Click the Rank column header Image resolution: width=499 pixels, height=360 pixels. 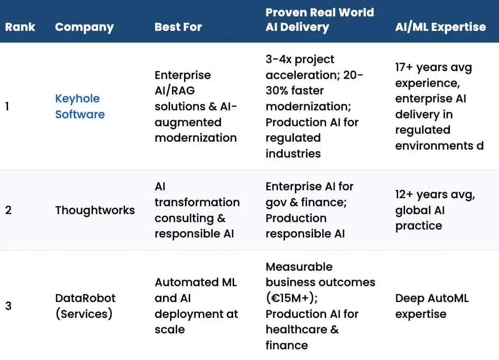click(x=20, y=27)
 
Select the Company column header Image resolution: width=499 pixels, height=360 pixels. click(x=84, y=28)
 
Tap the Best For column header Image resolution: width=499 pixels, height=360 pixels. click(x=178, y=27)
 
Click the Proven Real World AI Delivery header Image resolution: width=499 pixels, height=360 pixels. click(x=320, y=20)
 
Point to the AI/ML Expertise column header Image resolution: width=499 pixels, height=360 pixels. click(x=441, y=27)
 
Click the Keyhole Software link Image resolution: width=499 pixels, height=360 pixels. click(x=80, y=107)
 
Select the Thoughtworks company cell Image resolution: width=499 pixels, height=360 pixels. click(x=95, y=210)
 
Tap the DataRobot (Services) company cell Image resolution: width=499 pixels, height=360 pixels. click(x=86, y=306)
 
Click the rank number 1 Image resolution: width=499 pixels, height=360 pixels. click(x=7, y=107)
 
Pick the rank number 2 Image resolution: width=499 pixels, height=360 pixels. click(x=8, y=210)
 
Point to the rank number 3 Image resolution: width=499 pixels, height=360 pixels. click(x=8, y=306)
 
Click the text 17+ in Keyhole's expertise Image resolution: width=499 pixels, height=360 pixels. click(x=404, y=67)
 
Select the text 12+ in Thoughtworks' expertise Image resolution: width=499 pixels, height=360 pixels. click(x=404, y=194)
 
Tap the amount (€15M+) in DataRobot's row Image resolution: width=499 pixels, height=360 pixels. click(x=292, y=298)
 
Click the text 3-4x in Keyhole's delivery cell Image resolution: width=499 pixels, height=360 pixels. click(x=278, y=59)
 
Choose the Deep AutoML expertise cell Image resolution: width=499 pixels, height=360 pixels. click(x=432, y=306)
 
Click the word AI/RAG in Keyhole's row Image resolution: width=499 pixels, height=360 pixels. click(x=175, y=91)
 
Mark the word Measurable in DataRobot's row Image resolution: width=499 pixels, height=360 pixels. click(x=299, y=266)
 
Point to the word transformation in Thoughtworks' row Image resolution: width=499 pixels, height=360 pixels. click(x=197, y=202)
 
